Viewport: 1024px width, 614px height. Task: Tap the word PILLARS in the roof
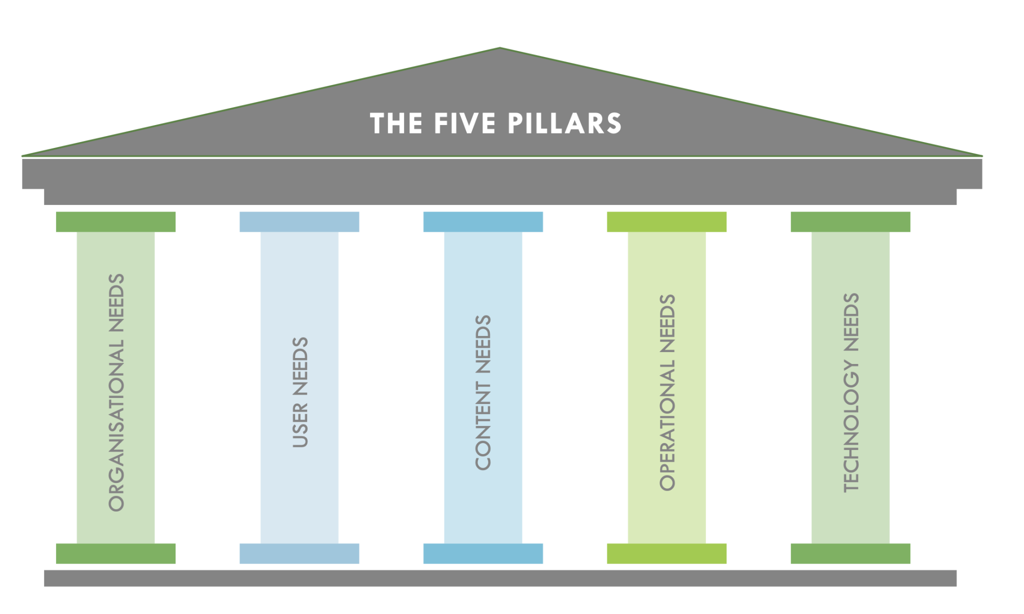[564, 123]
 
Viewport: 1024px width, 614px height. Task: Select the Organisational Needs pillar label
[116, 392]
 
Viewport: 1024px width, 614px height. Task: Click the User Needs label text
[300, 392]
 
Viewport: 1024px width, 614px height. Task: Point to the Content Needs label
[483, 392]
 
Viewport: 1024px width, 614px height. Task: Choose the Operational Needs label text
[667, 392]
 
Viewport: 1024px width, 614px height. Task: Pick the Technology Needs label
[851, 392]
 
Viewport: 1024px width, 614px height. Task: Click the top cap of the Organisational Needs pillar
[115, 222]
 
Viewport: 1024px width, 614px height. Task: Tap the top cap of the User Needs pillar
[299, 222]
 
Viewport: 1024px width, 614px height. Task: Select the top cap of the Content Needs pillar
[483, 222]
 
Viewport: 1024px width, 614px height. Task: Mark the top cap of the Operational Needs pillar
[666, 222]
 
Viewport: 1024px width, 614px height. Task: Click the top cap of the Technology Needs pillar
[850, 222]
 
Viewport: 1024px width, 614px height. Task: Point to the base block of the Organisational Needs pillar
[115, 553]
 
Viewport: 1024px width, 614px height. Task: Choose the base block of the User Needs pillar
[299, 553]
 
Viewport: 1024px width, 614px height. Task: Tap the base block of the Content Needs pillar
[483, 553]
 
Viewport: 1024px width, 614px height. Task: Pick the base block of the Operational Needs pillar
[666, 553]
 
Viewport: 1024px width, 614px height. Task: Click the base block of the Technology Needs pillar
[850, 553]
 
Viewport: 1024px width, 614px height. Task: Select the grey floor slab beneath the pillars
[500, 578]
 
